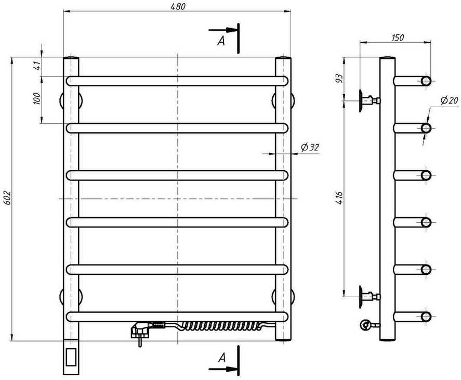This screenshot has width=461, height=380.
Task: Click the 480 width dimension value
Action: [177, 6]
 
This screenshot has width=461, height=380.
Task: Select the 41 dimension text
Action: [36, 67]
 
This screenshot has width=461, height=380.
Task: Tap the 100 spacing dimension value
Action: [36, 99]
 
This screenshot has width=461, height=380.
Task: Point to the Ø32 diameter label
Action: [310, 147]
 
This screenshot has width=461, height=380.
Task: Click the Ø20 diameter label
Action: [447, 100]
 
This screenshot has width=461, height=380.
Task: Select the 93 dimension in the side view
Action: [338, 79]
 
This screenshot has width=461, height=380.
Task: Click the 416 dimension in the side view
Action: [338, 198]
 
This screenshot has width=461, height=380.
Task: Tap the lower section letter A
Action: [221, 358]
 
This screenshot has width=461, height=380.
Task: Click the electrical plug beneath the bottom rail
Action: [141, 331]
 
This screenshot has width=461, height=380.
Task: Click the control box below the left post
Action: [71, 357]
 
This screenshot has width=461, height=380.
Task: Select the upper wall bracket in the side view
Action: [367, 100]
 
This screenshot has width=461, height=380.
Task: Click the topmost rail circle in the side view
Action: [426, 81]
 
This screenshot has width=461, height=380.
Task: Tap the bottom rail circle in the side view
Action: [426, 316]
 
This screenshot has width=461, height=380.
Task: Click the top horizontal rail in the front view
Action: [177, 81]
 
